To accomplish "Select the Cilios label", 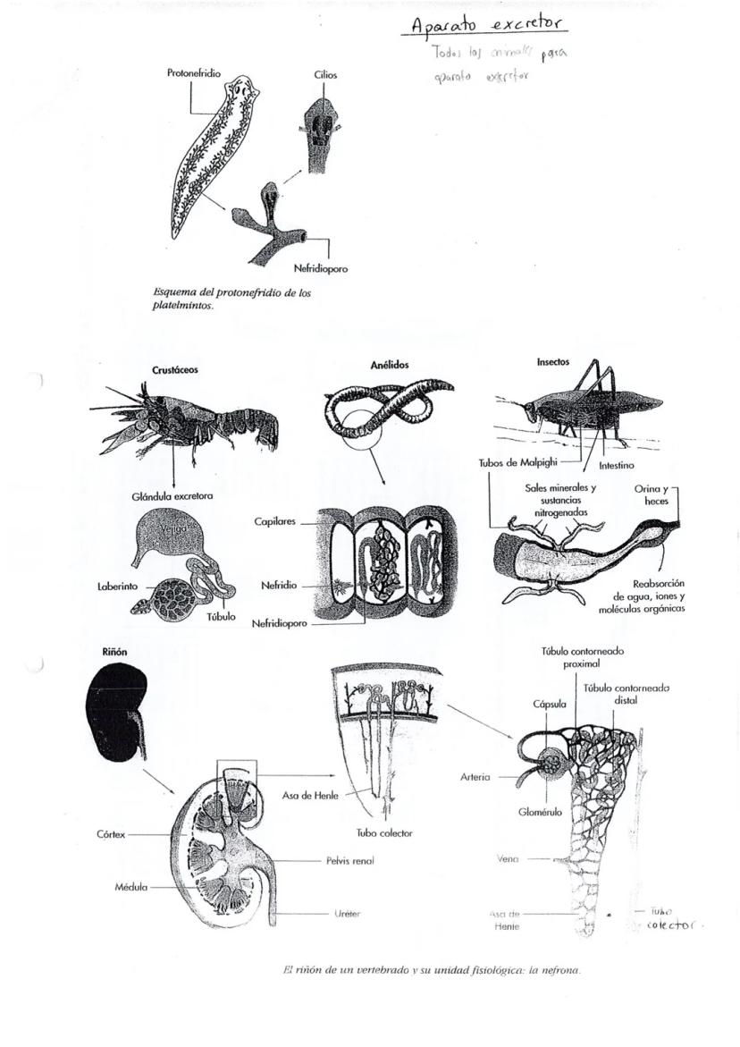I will (x=325, y=75).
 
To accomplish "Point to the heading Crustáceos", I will (x=175, y=369).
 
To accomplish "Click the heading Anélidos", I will (x=390, y=365).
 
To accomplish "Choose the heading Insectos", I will (x=552, y=362).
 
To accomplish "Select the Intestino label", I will (x=617, y=466).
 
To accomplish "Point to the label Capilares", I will (x=275, y=520).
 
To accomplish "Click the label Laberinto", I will (x=117, y=587).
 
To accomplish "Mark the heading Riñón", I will (x=112, y=653).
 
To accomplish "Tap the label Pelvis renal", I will (x=349, y=861).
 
